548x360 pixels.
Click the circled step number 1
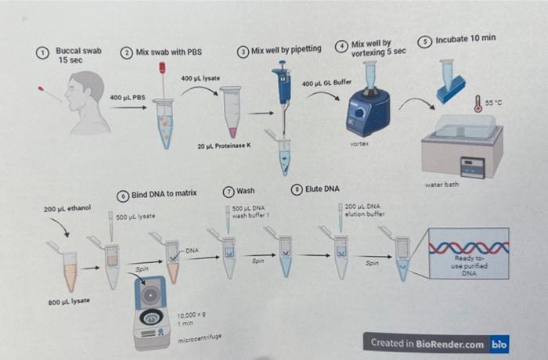pos(44,52)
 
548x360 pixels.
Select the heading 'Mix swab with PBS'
pos(168,52)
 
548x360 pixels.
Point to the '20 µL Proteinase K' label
pos(223,146)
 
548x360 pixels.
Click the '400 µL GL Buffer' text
pos(327,82)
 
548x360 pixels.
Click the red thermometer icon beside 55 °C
pos(476,103)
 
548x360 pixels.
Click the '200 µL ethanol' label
pos(67,208)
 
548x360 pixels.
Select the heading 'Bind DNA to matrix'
pos(164,193)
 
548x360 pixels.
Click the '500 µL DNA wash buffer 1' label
pos(251,211)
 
